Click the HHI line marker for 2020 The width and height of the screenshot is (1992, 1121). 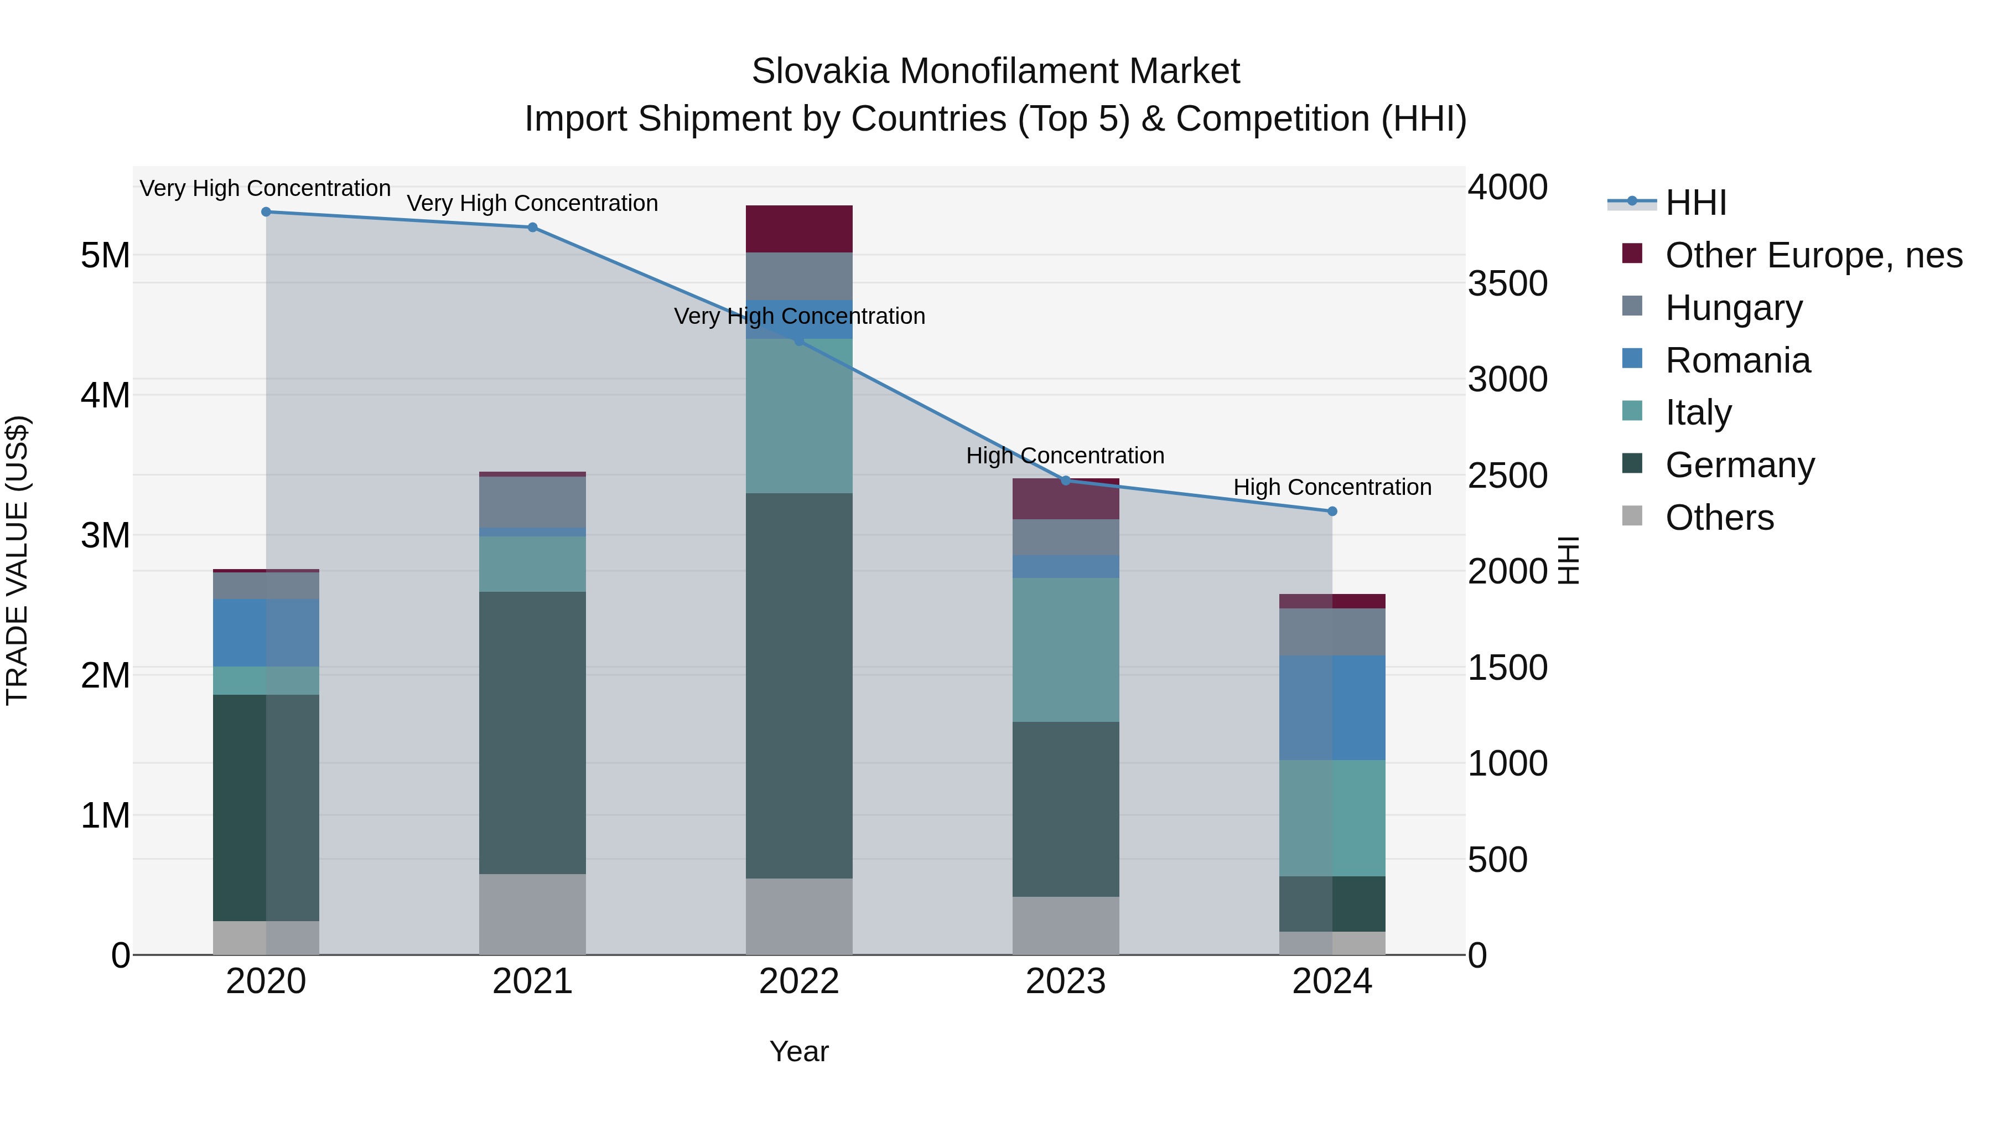point(266,211)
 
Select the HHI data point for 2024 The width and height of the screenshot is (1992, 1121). point(1332,512)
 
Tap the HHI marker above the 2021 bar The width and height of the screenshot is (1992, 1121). point(532,228)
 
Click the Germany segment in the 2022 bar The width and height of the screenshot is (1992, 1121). point(799,685)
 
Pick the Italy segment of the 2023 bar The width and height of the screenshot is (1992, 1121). point(1066,649)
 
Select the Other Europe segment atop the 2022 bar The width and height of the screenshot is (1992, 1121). point(799,229)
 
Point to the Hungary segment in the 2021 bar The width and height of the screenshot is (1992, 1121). point(532,502)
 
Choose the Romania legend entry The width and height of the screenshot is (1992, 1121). point(1737,360)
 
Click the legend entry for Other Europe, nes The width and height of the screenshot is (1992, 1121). point(1813,255)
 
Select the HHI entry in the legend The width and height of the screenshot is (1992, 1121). point(1695,203)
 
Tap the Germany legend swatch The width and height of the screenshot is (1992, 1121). point(1632,464)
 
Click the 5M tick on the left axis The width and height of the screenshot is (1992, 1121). point(105,255)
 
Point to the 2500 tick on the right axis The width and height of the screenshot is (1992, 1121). point(1507,476)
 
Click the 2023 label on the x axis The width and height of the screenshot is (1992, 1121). point(1066,981)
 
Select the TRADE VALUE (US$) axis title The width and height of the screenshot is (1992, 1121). point(17,560)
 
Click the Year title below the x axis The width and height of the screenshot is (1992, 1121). point(799,1051)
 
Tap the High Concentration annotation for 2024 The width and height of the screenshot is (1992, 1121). point(1332,487)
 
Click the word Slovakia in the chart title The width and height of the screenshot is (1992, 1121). point(818,71)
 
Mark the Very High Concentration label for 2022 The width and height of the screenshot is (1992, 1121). point(799,317)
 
